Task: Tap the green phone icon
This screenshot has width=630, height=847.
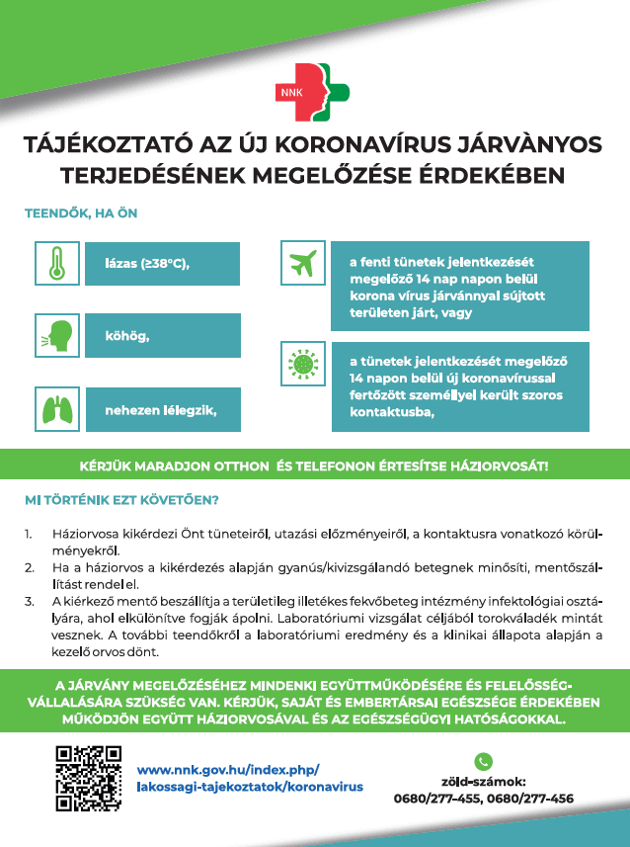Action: point(483,761)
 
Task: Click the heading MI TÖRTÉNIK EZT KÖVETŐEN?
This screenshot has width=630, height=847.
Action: point(121,499)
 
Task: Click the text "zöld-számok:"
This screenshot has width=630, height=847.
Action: point(483,781)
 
